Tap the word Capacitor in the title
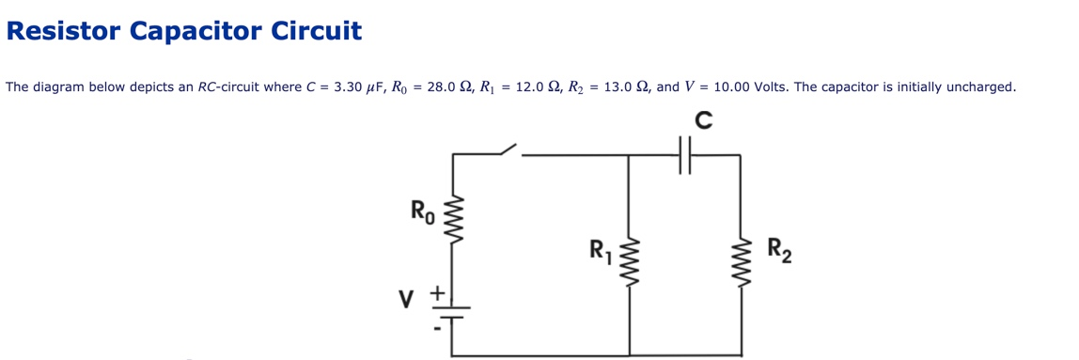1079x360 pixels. (195, 31)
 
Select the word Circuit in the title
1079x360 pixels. (316, 31)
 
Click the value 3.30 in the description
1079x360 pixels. (348, 87)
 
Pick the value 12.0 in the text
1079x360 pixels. (531, 87)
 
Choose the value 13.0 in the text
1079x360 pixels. (619, 87)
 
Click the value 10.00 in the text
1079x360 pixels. (732, 87)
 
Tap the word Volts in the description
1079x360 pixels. (772, 87)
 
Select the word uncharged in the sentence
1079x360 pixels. (979, 87)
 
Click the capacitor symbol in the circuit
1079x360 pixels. (685, 156)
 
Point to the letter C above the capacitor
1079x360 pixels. (702, 121)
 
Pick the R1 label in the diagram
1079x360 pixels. (600, 252)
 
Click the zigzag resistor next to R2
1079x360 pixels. (740, 263)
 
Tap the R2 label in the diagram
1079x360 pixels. (778, 251)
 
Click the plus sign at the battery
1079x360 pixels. (437, 293)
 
